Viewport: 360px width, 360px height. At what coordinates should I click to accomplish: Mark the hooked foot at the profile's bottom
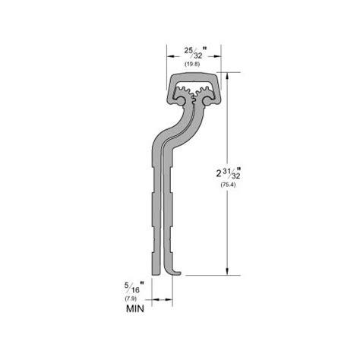[177, 272]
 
